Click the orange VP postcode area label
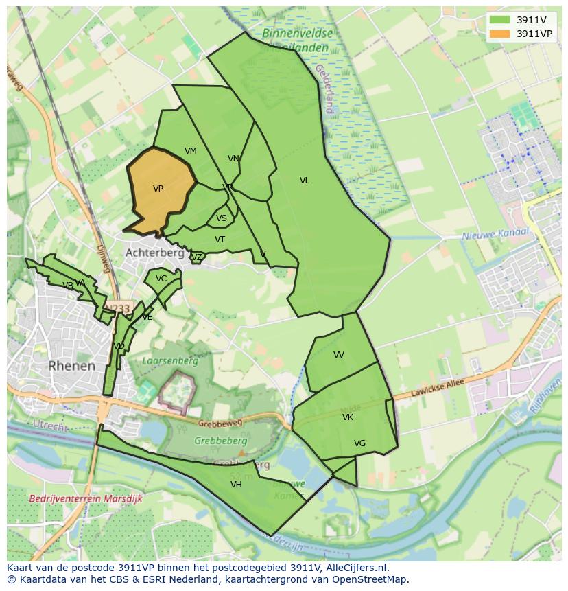tap(158, 189)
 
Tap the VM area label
tap(191, 151)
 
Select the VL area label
tap(305, 181)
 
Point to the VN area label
tap(233, 159)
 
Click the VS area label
tap(222, 218)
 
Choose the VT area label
tap(220, 240)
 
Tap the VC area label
tap(161, 279)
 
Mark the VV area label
tap(339, 355)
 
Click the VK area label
tap(348, 417)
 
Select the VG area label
tap(359, 443)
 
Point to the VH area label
tap(236, 485)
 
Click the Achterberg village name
tap(154, 253)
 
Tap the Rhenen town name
tap(72, 366)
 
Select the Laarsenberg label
tap(170, 360)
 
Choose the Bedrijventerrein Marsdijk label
tap(86, 499)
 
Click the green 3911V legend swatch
tap(500, 20)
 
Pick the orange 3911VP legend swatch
tap(500, 33)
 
